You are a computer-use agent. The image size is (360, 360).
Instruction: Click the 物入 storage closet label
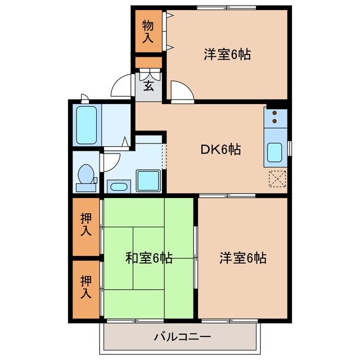[x=148, y=31]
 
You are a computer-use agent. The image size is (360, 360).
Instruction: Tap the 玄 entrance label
[x=148, y=85]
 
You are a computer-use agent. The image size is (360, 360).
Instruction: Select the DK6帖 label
[x=221, y=150]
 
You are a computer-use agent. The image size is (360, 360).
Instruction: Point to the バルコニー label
[x=182, y=337]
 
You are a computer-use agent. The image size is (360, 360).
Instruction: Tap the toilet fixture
[x=85, y=174]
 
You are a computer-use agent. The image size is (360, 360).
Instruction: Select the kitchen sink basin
[x=276, y=152]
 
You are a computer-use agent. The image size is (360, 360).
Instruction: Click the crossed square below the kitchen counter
[x=277, y=178]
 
